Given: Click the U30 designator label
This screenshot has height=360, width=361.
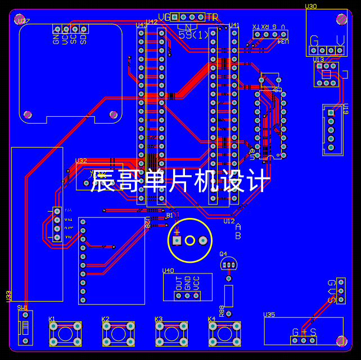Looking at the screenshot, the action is [x=311, y=7].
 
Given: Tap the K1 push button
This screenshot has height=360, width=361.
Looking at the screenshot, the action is [x=65, y=334].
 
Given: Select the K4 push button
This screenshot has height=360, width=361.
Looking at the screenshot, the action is [x=224, y=334].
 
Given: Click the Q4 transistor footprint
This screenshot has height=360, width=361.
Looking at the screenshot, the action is [x=228, y=264].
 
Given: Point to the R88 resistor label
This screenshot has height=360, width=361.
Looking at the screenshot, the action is [x=222, y=311].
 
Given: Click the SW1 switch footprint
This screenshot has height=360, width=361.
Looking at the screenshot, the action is [x=25, y=327].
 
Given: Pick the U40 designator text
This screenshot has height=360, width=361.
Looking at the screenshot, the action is [x=168, y=271].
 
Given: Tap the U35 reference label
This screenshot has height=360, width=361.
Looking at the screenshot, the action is [x=269, y=315].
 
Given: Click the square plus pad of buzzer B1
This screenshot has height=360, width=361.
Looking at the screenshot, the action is [x=177, y=241].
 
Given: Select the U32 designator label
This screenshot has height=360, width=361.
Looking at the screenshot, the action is [x=81, y=161].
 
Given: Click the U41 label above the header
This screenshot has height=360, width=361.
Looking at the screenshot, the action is [x=234, y=25].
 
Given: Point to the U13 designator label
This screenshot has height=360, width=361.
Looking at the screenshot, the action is [x=318, y=60].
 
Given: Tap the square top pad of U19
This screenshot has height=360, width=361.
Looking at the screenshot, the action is [x=331, y=113].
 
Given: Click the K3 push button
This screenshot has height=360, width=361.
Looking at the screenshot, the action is [x=171, y=334].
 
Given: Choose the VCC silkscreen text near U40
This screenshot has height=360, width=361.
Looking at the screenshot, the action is [x=196, y=282].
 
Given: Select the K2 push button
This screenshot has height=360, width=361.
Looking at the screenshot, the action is [x=118, y=334].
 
